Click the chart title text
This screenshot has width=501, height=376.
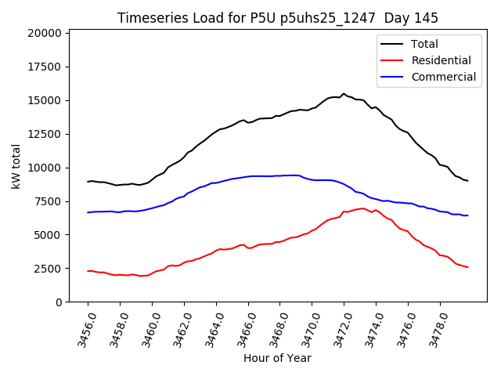278,18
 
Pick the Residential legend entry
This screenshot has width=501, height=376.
441,60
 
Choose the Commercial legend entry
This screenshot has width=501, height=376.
443,77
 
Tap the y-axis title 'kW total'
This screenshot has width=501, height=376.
16,166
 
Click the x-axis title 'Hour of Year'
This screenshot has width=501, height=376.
277,358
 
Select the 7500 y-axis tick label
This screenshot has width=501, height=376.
48,201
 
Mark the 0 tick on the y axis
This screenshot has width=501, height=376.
59,302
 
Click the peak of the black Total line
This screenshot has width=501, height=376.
343,94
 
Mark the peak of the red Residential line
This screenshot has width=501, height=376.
362,208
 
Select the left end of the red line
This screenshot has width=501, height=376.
88,271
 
